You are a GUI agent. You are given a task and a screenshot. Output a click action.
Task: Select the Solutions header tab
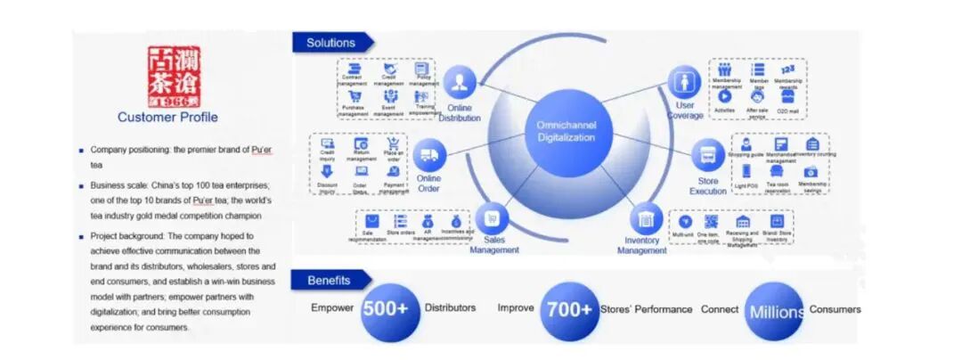[x=331, y=43]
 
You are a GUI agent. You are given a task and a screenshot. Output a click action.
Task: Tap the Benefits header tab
[x=330, y=280]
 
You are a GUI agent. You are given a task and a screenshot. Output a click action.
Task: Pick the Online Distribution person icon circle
[x=460, y=83]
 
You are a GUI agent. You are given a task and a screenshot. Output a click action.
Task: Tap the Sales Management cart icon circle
[x=491, y=217]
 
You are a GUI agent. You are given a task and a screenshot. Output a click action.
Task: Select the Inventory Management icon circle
[x=646, y=219]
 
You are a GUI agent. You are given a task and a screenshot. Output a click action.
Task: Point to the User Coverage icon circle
[x=685, y=83]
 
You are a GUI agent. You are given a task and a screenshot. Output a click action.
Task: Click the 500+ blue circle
[x=390, y=310]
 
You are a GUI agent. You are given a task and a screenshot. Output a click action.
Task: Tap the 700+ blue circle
[x=569, y=310]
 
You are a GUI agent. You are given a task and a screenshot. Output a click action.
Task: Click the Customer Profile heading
[x=167, y=117]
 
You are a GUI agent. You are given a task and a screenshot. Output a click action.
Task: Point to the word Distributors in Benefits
[x=450, y=308]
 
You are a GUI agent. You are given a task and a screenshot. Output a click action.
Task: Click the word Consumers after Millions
[x=836, y=309]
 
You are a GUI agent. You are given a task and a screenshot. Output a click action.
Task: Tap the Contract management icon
[x=354, y=70]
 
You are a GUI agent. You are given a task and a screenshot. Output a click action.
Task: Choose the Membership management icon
[x=725, y=70]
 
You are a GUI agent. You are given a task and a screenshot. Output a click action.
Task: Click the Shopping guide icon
[x=746, y=144]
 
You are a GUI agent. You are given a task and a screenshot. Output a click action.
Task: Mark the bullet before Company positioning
[x=82, y=150]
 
